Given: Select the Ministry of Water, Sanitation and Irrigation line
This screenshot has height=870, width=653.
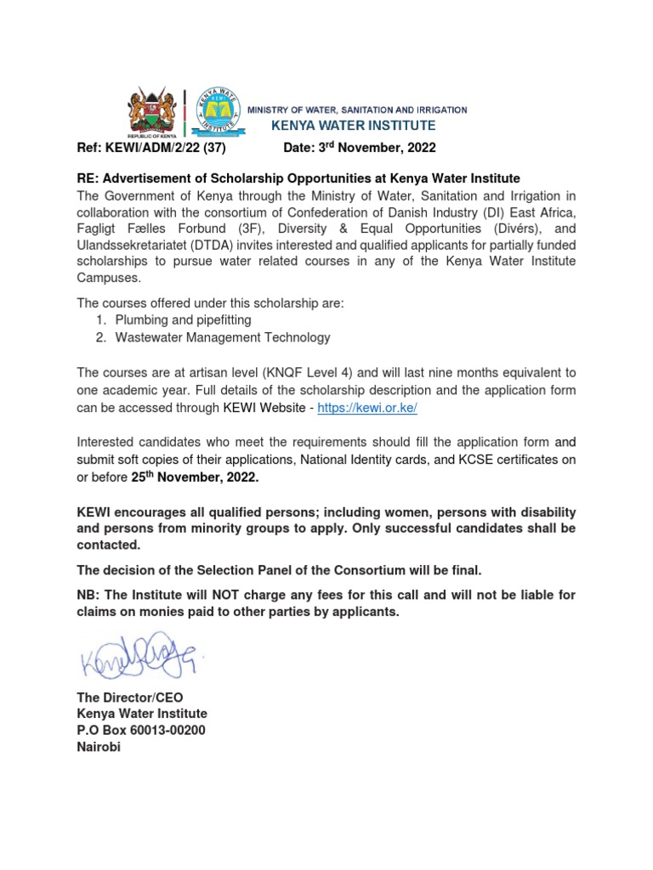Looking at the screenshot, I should (356, 110).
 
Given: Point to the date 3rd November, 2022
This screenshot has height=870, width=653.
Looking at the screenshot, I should (359, 148).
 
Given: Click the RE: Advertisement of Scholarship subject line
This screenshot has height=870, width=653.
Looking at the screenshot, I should (298, 178).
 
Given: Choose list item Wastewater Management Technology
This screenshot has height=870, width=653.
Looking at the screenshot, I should (222, 337).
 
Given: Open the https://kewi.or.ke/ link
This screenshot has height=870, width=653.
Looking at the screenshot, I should (366, 408).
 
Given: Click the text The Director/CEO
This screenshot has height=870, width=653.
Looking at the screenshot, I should (130, 698).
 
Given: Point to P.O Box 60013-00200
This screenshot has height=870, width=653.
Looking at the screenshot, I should (141, 731).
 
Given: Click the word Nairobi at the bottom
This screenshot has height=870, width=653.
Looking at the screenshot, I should (99, 748).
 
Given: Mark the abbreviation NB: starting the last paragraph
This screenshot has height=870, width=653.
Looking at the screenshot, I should (88, 596).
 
